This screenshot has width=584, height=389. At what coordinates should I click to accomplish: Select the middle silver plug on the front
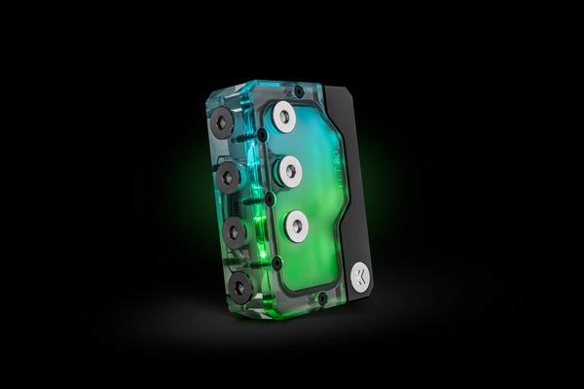click(290, 172)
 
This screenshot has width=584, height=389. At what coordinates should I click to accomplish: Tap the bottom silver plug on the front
click(296, 228)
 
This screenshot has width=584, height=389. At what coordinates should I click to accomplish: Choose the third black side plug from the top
click(235, 233)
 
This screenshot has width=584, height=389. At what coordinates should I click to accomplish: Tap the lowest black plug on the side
click(240, 285)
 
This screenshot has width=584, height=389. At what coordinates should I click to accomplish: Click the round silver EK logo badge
click(360, 276)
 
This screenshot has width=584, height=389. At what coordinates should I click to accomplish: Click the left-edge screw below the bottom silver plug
click(278, 261)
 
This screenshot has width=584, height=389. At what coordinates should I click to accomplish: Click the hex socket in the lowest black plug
click(240, 285)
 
